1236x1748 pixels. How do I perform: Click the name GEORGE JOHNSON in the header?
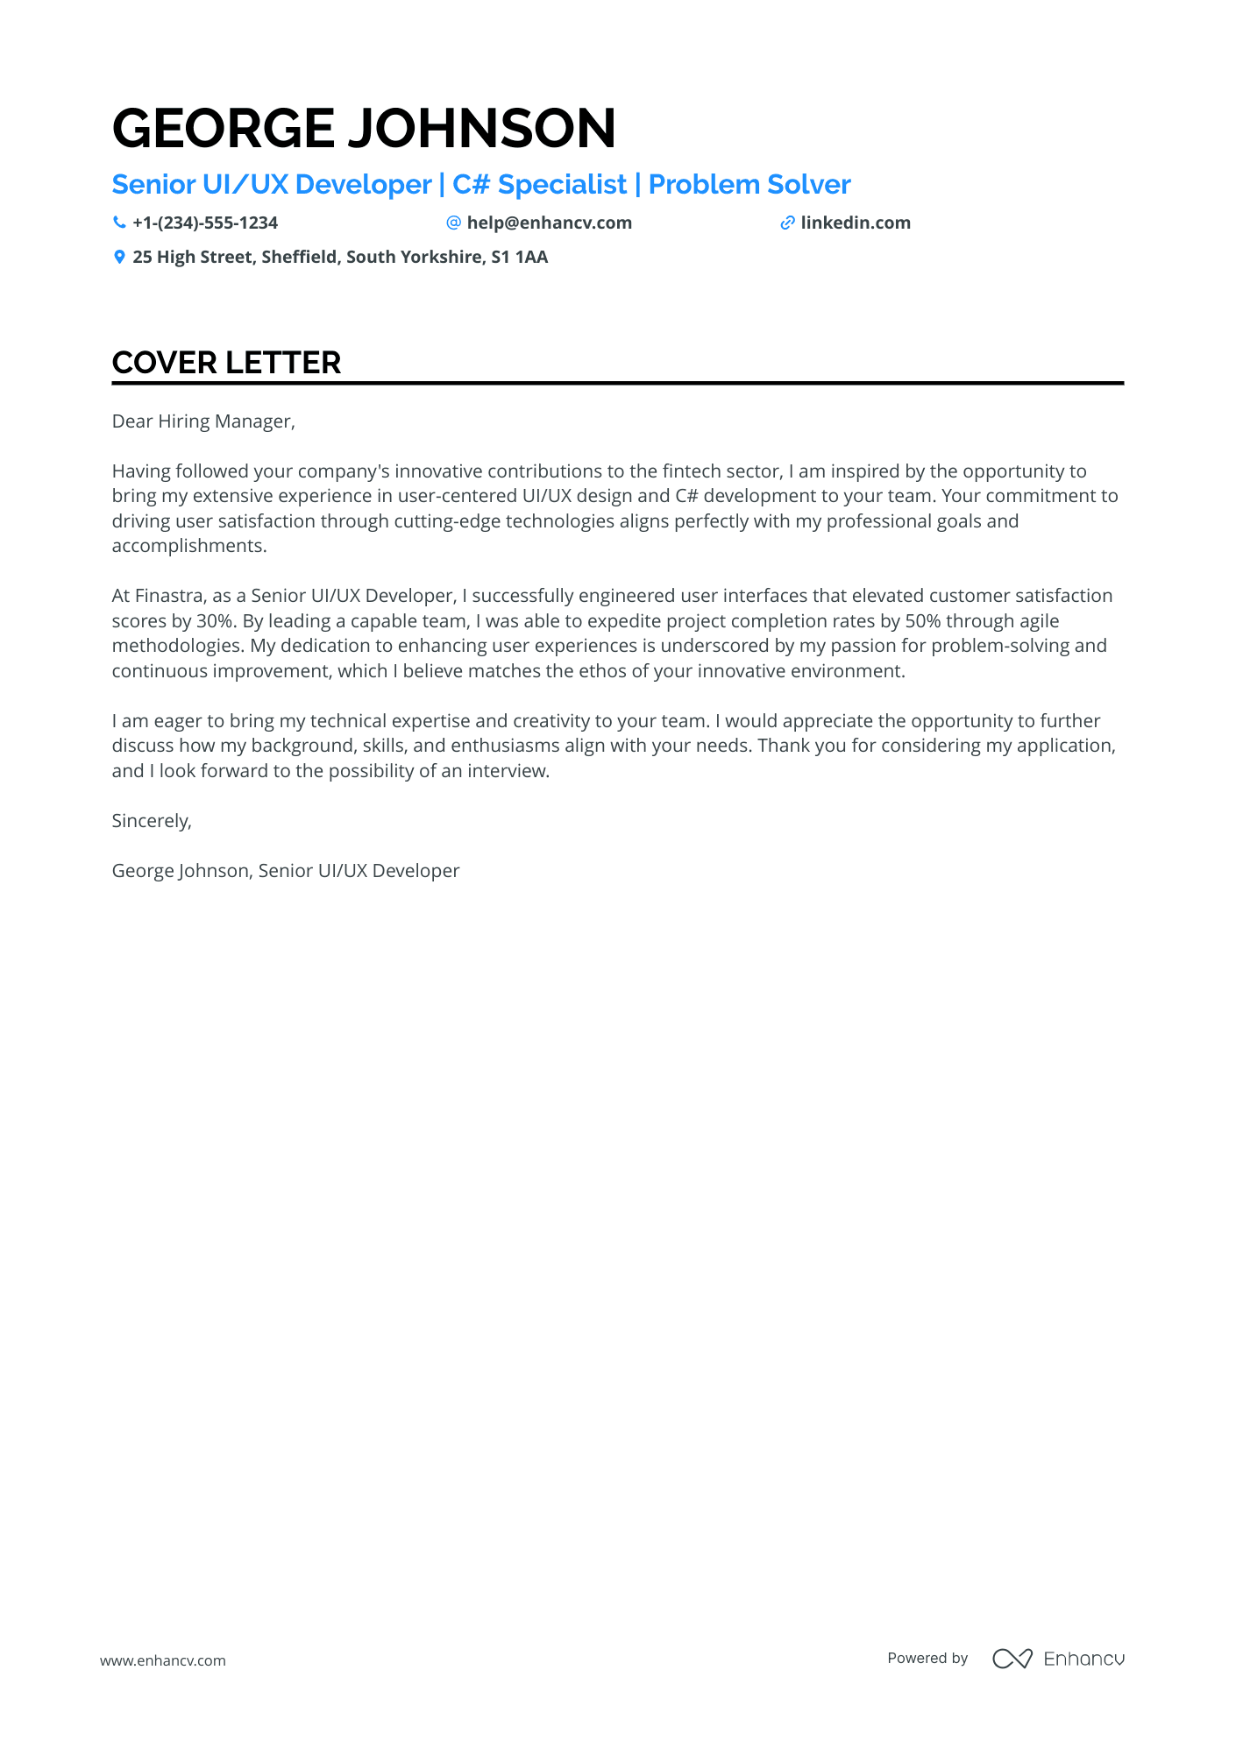pyautogui.click(x=364, y=128)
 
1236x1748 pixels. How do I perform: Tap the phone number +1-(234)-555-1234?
pyautogui.click(x=205, y=223)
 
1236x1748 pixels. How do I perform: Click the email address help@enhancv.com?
pyautogui.click(x=549, y=223)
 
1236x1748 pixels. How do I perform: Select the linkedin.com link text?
pyautogui.click(x=855, y=223)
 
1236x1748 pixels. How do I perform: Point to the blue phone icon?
pyautogui.click(x=119, y=223)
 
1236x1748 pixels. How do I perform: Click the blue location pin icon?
pyautogui.click(x=119, y=257)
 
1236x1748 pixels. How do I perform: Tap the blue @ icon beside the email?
pyautogui.click(x=453, y=223)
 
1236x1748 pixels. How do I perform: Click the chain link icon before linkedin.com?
pyautogui.click(x=787, y=223)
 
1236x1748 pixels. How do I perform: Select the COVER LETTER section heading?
pyautogui.click(x=226, y=363)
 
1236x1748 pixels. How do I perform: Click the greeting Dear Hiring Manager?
pyautogui.click(x=203, y=421)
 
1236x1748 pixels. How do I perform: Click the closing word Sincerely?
pyautogui.click(x=151, y=821)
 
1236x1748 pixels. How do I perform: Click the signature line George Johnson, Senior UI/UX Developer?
pyautogui.click(x=286, y=871)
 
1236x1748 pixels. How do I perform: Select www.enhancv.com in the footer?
pyautogui.click(x=163, y=1660)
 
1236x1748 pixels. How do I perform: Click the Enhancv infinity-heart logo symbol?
pyautogui.click(x=1012, y=1658)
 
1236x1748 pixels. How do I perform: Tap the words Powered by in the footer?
pyautogui.click(x=927, y=1658)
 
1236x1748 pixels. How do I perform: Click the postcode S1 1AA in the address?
pyautogui.click(x=519, y=257)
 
